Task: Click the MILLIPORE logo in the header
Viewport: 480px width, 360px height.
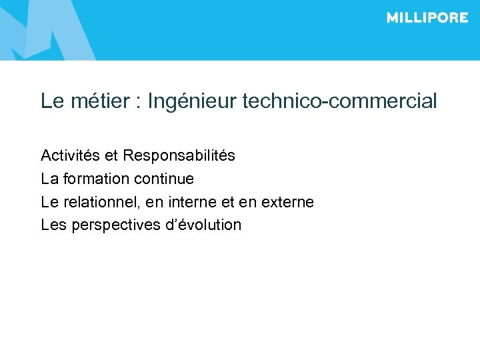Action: click(427, 18)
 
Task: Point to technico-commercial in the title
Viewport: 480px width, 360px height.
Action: click(340, 101)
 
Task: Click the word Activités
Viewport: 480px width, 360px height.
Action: click(70, 156)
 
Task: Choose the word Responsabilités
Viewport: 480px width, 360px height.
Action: click(179, 156)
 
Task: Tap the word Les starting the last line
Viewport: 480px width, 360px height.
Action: click(54, 225)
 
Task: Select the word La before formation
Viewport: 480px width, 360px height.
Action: click(49, 179)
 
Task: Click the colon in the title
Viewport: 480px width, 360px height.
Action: click(137, 103)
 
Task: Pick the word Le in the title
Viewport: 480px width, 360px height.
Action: click(51, 101)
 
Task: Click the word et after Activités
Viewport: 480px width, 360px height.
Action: click(111, 156)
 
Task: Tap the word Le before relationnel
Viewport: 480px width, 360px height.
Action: click(49, 201)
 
